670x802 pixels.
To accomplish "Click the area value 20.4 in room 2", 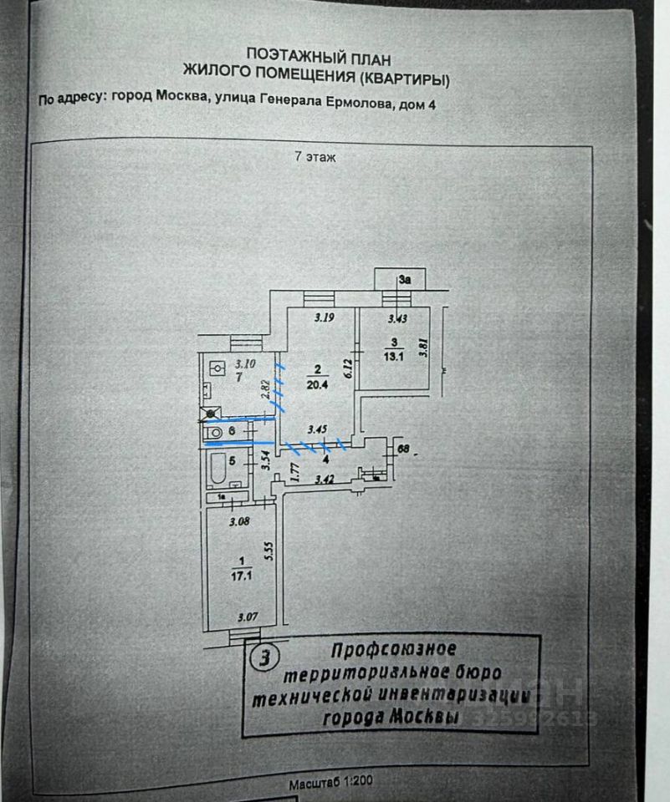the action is click(316, 386).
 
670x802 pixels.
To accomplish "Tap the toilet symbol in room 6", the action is click(215, 432).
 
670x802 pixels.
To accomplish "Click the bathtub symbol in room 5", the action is click(217, 472).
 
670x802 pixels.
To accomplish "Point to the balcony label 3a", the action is click(406, 281).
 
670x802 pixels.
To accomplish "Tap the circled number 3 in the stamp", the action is click(265, 658).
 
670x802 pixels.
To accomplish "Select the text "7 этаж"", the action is click(315, 157).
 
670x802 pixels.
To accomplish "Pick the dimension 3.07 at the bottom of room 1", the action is click(247, 618).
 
